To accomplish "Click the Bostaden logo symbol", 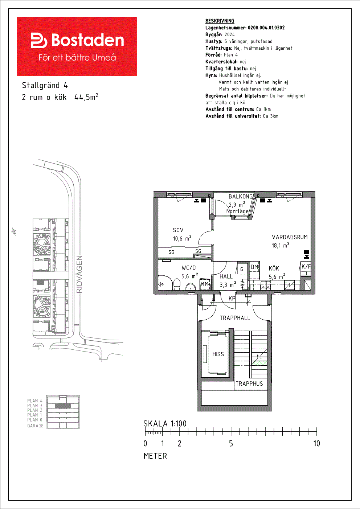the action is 39,40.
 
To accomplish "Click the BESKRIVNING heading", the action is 220,21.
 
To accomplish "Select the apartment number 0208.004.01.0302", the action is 266,28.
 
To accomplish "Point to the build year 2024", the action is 230,34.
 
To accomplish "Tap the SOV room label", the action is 178,230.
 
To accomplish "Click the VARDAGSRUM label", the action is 290,237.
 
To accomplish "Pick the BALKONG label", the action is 241,196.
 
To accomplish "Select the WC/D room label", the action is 189,268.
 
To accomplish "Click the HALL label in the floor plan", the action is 226,276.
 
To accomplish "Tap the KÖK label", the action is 274,268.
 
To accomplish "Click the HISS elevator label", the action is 218,354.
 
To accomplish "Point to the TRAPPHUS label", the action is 249,384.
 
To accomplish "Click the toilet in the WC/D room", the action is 177,284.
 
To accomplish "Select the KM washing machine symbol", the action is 205,284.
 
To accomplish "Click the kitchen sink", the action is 265,285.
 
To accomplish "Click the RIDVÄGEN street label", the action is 79,274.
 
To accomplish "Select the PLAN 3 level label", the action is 35,406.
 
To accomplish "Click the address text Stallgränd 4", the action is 45,86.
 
